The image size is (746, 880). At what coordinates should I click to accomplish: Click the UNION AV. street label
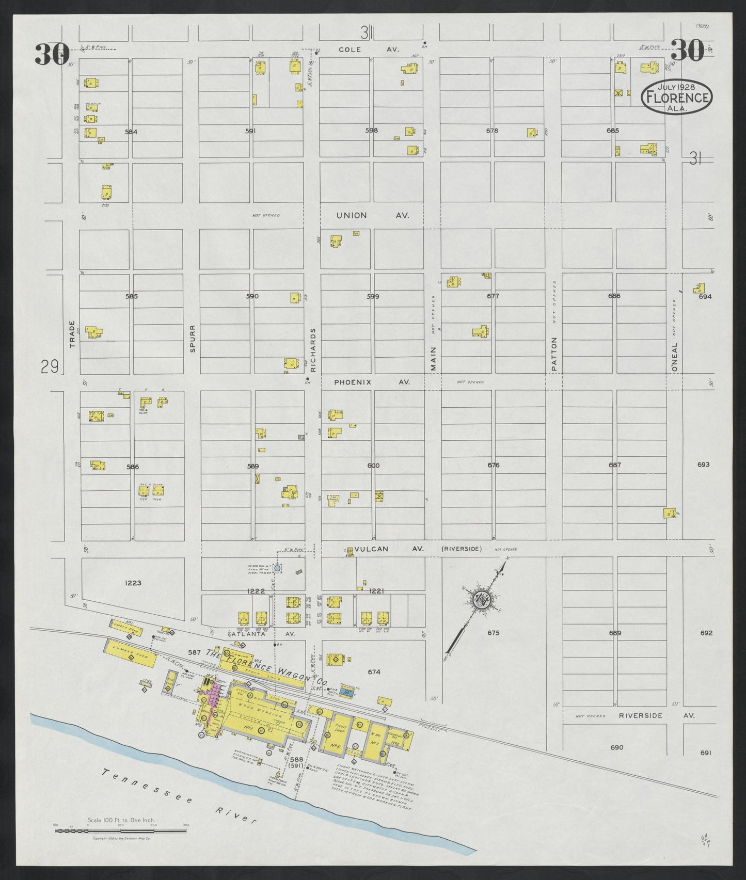[x=372, y=215]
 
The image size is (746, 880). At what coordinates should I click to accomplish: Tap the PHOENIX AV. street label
[x=372, y=382]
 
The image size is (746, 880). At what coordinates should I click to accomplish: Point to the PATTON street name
[x=554, y=354]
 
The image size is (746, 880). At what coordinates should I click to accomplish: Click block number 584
[x=131, y=132]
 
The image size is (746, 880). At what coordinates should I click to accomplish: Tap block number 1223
[x=133, y=583]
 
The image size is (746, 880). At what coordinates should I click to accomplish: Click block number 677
[x=493, y=296]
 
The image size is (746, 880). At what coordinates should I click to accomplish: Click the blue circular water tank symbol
[x=277, y=568]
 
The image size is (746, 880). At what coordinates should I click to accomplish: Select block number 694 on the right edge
[x=705, y=296]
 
